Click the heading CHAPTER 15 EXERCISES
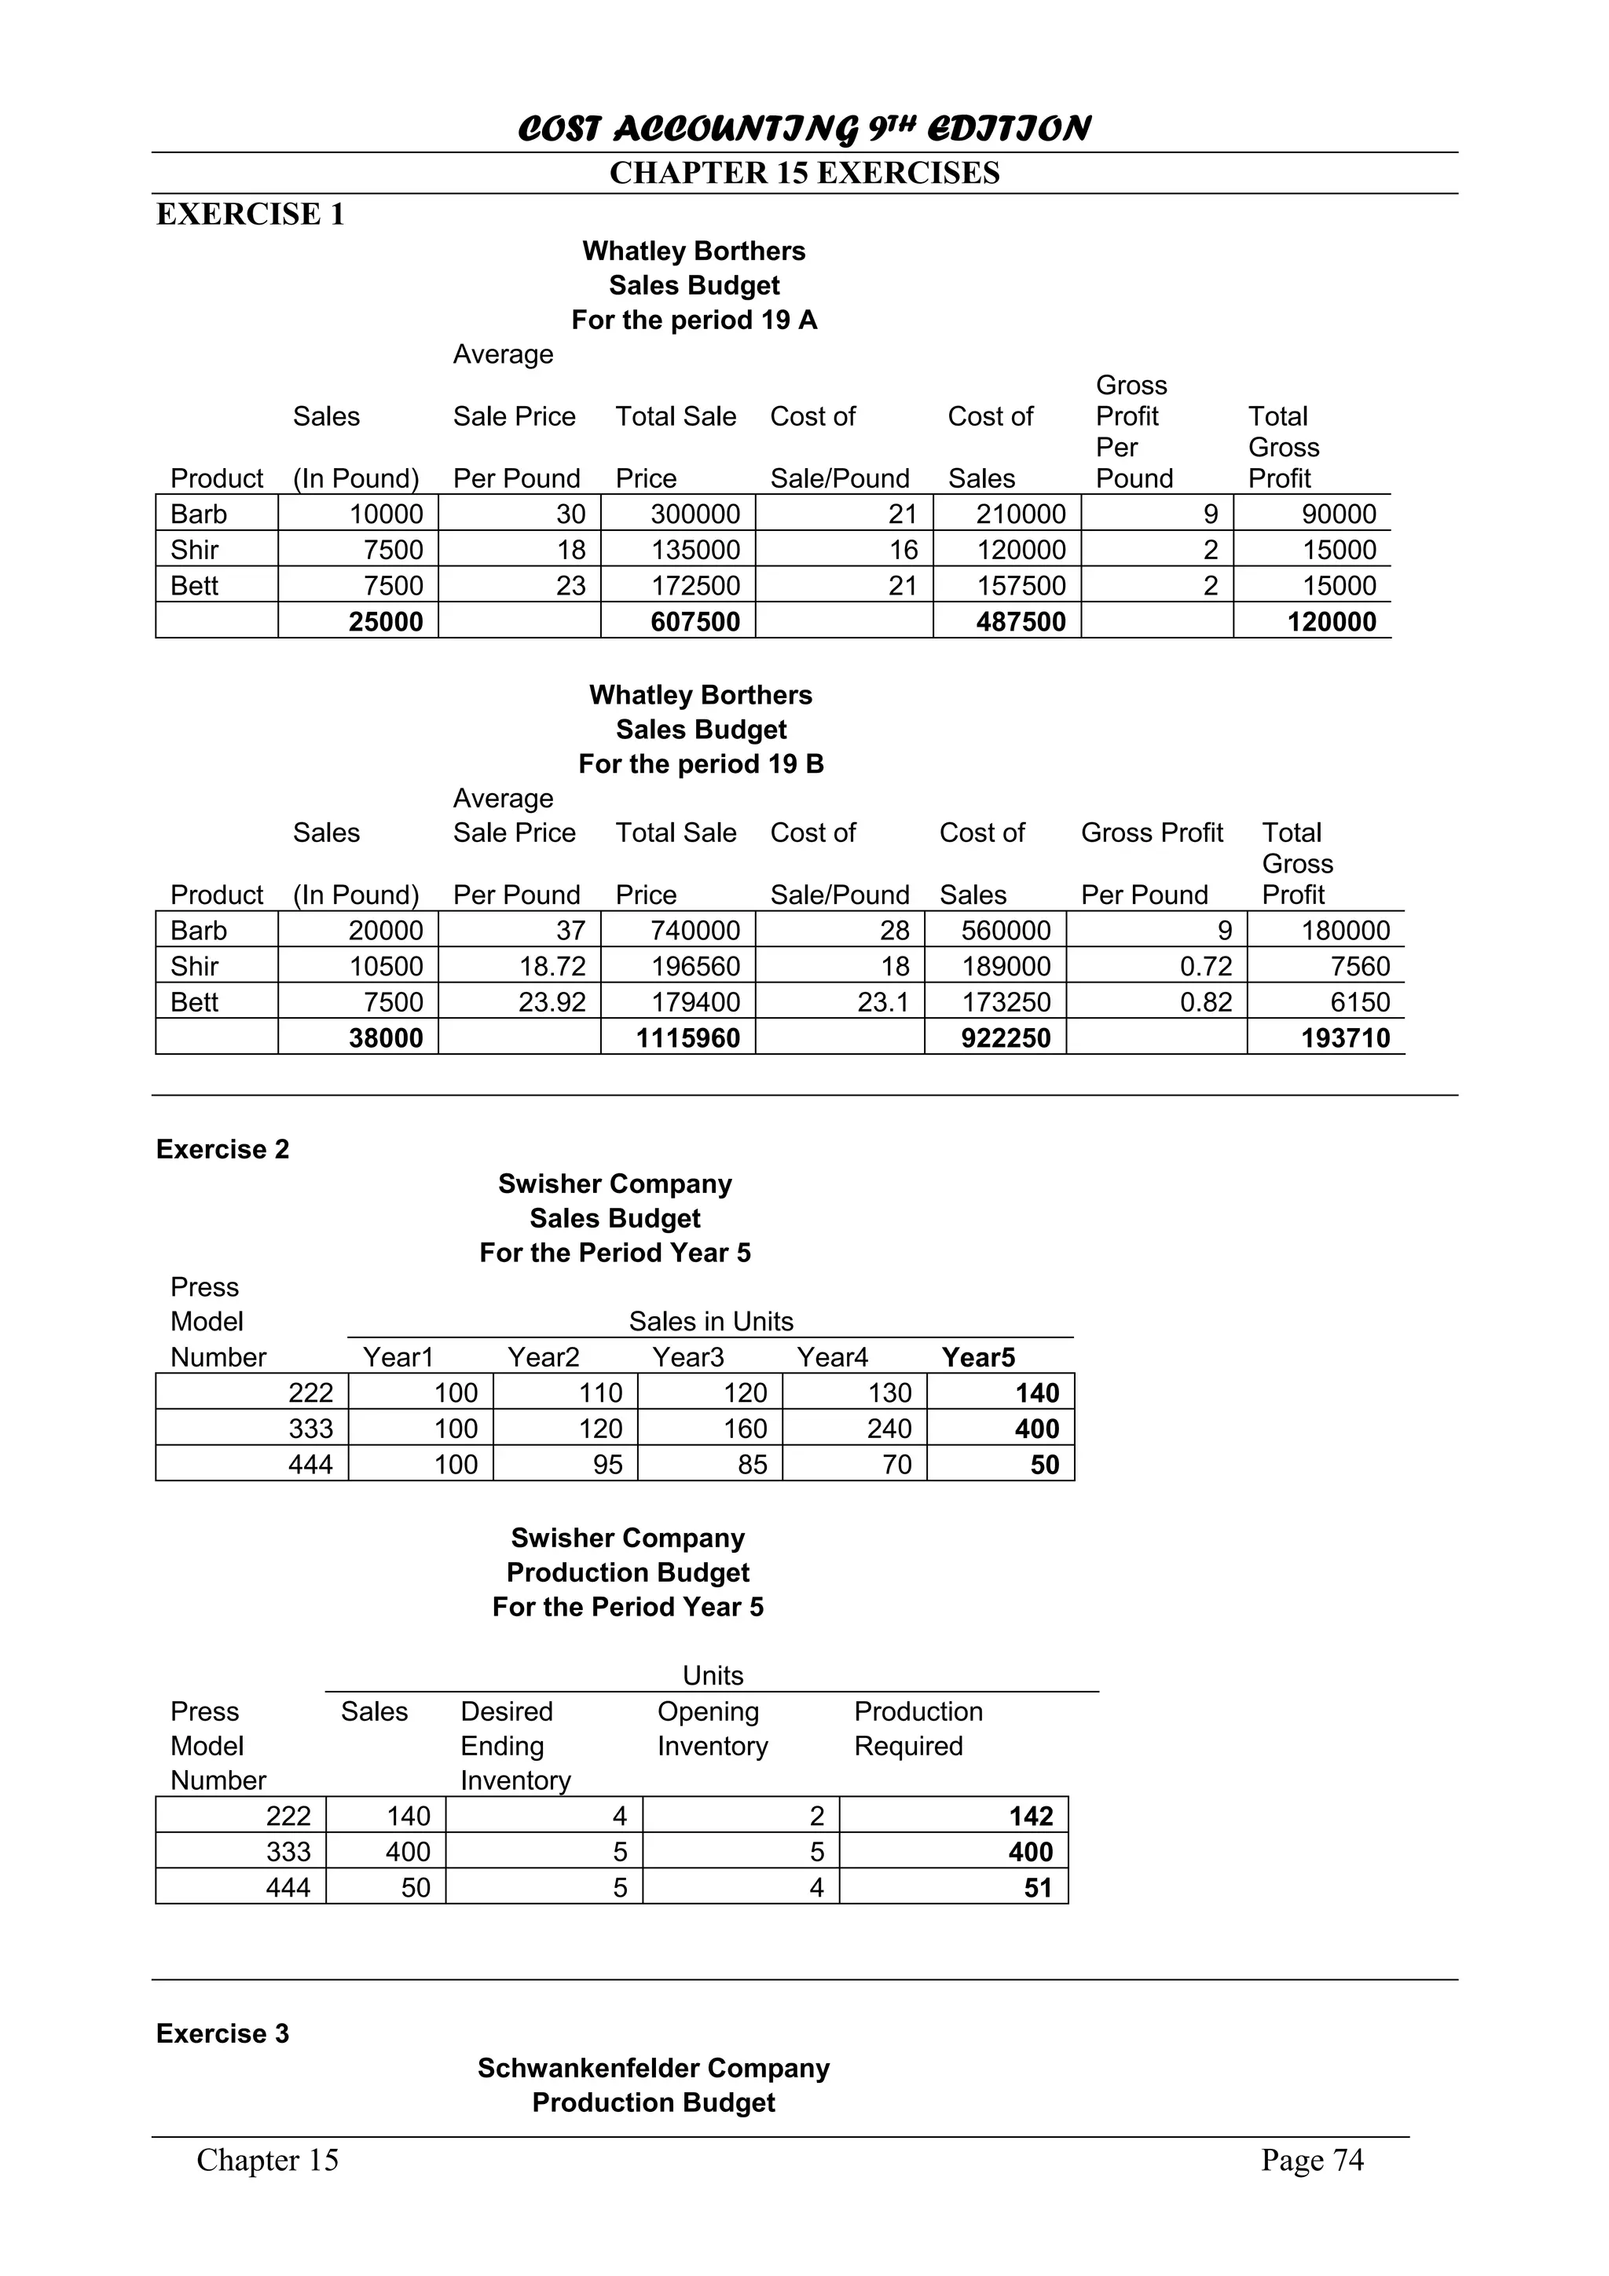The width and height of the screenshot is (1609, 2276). pyautogui.click(x=804, y=174)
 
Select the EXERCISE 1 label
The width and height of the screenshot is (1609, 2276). pyautogui.click(x=250, y=214)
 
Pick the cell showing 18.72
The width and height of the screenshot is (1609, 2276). pyautogui.click(x=552, y=967)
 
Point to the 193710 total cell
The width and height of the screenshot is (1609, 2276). pyautogui.click(x=1344, y=1038)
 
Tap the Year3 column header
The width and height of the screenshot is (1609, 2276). pyautogui.click(x=688, y=1357)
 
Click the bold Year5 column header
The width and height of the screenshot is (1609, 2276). pyautogui.click(x=977, y=1357)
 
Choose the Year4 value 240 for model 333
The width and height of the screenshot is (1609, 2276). pyautogui.click(x=889, y=1429)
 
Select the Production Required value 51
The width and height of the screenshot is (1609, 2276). pyautogui.click(x=1037, y=1887)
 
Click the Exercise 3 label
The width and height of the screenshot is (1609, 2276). pyautogui.click(x=222, y=2034)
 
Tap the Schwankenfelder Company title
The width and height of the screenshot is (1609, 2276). pyautogui.click(x=654, y=2068)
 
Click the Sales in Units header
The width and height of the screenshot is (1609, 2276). pyautogui.click(x=711, y=1322)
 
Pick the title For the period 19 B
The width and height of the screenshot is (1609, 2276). pyautogui.click(x=701, y=764)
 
